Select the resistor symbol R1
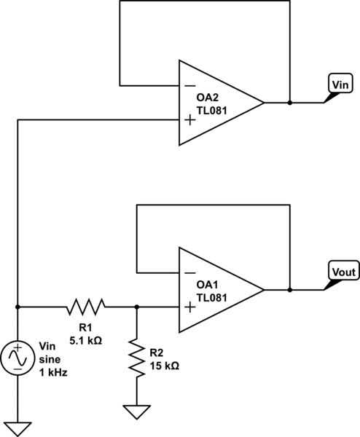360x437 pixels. coord(86,307)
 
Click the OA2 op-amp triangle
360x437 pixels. coord(219,103)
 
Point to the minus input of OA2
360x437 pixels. coord(189,85)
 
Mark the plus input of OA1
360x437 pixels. coord(189,307)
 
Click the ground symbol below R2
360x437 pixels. coord(136,412)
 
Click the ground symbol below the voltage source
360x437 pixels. coord(17,428)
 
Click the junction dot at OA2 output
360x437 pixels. coord(290,103)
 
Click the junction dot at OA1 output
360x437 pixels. coord(290,289)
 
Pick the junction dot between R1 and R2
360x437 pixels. coord(136,307)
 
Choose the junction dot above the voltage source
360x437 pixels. coord(17,307)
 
